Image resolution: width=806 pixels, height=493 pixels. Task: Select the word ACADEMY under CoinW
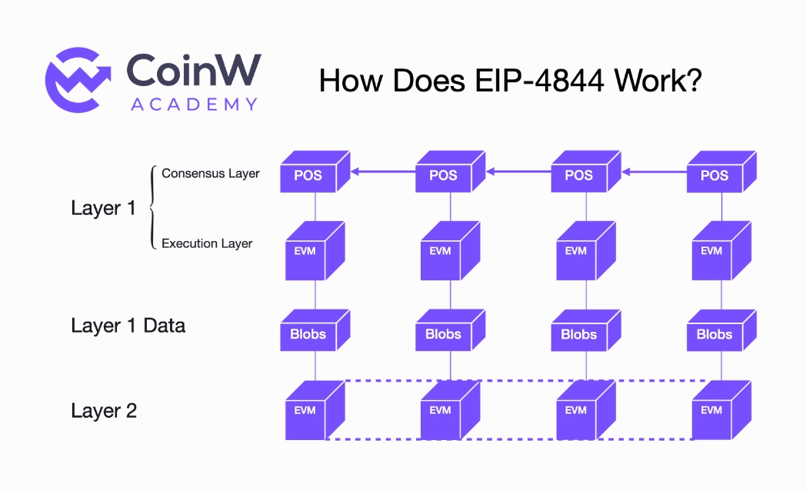194,104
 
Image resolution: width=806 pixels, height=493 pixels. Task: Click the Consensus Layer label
210,174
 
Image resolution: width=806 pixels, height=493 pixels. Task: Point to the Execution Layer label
207,243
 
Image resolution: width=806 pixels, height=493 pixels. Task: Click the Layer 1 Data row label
128,326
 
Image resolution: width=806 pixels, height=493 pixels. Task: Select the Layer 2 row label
104,411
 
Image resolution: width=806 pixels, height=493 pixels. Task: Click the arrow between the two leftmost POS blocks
380,172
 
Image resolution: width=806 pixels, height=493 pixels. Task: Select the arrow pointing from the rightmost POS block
654,172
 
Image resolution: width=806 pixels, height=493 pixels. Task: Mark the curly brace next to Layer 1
151,207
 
